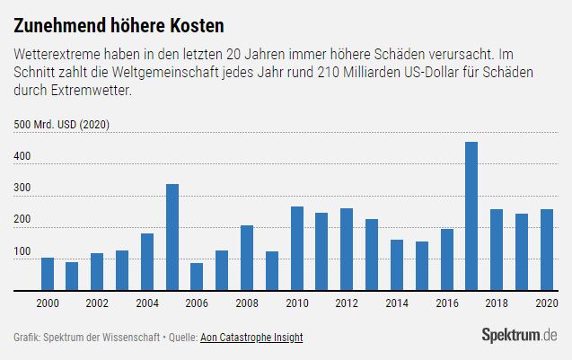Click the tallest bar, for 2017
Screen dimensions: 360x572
click(x=471, y=216)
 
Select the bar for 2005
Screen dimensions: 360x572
click(x=172, y=237)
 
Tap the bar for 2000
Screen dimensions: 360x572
click(x=48, y=274)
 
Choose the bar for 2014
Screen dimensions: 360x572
click(x=397, y=265)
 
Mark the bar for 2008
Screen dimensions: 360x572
click(x=247, y=258)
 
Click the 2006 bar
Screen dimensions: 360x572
click(x=197, y=277)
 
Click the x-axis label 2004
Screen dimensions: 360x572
click(x=147, y=304)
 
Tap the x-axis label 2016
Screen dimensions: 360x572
click(x=447, y=304)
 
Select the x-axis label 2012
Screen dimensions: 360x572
click(x=347, y=304)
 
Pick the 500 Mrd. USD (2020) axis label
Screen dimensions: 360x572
click(x=61, y=126)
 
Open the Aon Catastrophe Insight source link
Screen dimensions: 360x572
click(x=252, y=338)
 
